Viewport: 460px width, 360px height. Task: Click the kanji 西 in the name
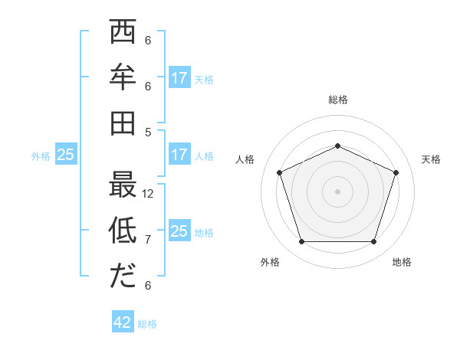click(x=123, y=34)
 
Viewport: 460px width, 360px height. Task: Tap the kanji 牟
click(x=123, y=78)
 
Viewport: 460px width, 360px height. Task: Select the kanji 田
click(x=123, y=123)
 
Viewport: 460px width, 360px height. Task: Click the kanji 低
click(x=123, y=230)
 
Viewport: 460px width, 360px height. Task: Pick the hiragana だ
click(x=123, y=276)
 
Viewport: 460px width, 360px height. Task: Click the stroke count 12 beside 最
click(x=149, y=194)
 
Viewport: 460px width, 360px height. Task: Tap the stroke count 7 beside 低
click(x=148, y=240)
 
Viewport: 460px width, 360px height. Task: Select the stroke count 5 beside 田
click(x=148, y=131)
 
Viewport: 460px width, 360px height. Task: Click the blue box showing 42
click(x=123, y=322)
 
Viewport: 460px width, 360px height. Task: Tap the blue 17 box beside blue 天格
click(x=179, y=78)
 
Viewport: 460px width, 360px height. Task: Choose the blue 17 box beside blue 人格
click(x=179, y=154)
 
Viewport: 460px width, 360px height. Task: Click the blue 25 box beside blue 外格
click(x=65, y=155)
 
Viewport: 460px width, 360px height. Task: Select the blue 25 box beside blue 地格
click(x=179, y=231)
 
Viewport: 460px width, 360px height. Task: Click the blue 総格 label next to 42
click(x=147, y=324)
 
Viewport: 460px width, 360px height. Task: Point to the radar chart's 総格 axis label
click(x=337, y=100)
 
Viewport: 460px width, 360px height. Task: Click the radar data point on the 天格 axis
click(x=396, y=172)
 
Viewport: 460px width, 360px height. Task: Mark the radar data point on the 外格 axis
click(x=301, y=242)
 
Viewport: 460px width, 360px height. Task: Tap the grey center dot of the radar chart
click(x=337, y=191)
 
